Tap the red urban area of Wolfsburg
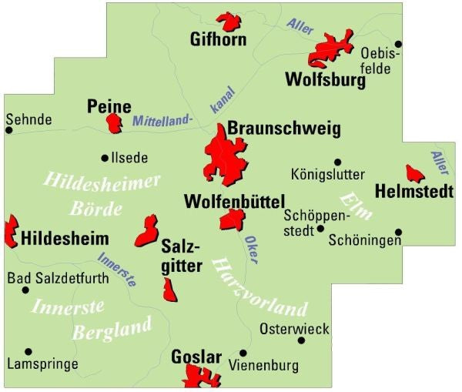coord(330,51)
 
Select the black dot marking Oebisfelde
coord(398,44)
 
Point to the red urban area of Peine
coord(115,123)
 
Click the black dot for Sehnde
coord(9,130)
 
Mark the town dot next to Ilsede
coord(105,158)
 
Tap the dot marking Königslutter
coord(336,162)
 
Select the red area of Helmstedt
coord(414,173)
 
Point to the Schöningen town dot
coord(398,232)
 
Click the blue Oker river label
coord(250,246)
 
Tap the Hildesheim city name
coord(65,237)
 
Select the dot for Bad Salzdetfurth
coord(25,290)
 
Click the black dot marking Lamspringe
coord(28,351)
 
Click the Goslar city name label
coord(196,357)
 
